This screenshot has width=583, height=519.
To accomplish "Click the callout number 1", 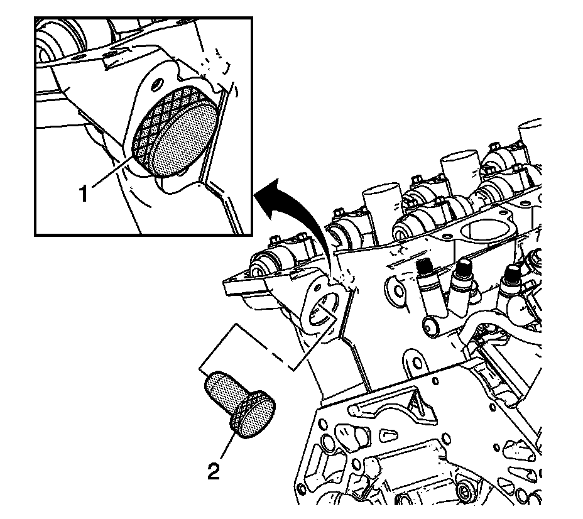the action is click(84, 194).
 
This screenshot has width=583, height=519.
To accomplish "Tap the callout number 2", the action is click(214, 471).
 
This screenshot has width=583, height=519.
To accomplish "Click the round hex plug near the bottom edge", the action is click(464, 490).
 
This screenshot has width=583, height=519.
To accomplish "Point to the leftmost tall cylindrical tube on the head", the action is click(382, 208).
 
